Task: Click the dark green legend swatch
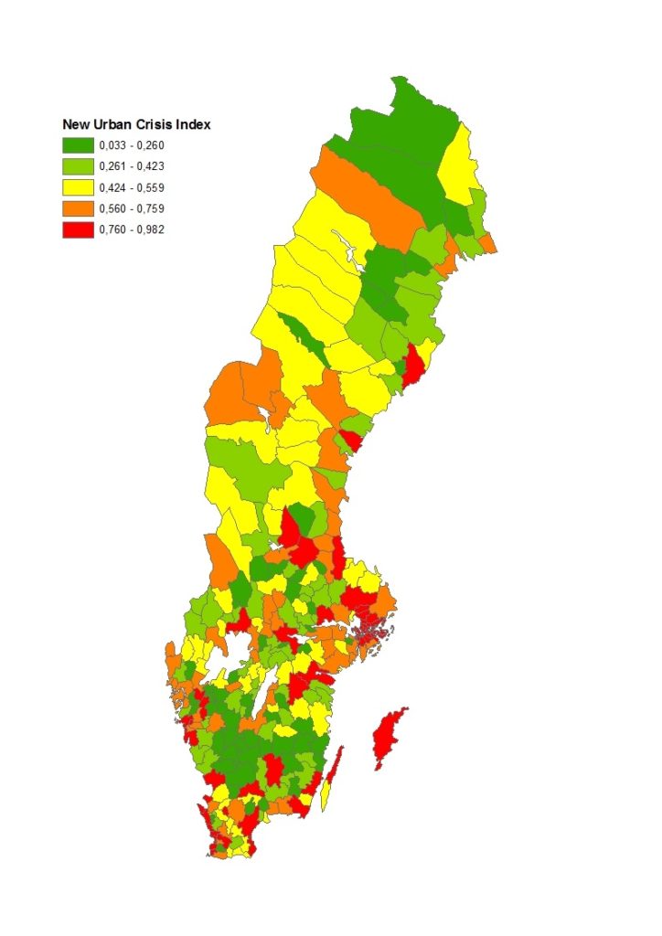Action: pyautogui.click(x=77, y=145)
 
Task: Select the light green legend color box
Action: pyautogui.click(x=77, y=166)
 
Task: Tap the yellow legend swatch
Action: pyautogui.click(x=77, y=187)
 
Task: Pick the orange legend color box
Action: pyautogui.click(x=77, y=208)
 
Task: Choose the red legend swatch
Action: pyautogui.click(x=77, y=229)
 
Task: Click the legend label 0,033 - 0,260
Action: pyautogui.click(x=132, y=145)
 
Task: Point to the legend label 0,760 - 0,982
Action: pyautogui.click(x=132, y=229)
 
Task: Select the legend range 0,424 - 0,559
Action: pyautogui.click(x=132, y=187)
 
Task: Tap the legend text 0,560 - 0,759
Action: pyautogui.click(x=132, y=208)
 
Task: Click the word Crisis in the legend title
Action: pyautogui.click(x=161, y=124)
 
